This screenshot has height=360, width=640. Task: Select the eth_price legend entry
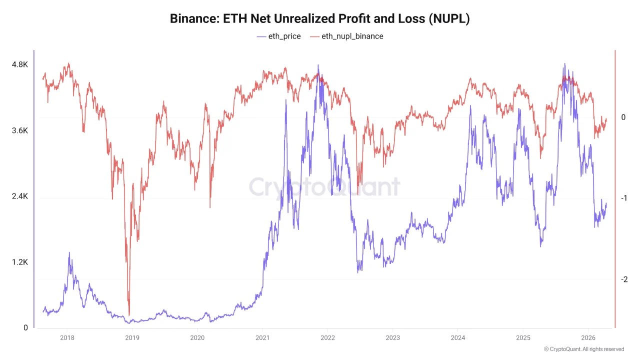click(278, 36)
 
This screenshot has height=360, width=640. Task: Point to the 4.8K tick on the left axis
click(20, 64)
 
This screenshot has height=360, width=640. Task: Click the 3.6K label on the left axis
click(20, 130)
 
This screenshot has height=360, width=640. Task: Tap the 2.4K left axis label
click(20, 196)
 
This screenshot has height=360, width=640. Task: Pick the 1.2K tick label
click(20, 262)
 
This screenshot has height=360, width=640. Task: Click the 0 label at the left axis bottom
click(25, 328)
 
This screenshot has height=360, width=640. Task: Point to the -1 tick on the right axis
click(623, 198)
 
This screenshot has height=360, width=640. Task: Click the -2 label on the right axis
click(623, 279)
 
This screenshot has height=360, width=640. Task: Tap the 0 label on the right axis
click(623, 117)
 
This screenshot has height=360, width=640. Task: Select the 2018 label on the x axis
click(67, 338)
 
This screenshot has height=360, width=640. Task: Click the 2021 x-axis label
click(262, 338)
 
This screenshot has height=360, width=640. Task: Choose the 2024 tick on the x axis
click(457, 338)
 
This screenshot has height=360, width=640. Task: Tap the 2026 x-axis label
click(588, 338)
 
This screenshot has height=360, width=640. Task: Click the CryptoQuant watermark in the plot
click(324, 187)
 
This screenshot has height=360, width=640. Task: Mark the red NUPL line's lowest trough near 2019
click(129, 315)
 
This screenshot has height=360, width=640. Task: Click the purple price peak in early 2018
click(69, 253)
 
